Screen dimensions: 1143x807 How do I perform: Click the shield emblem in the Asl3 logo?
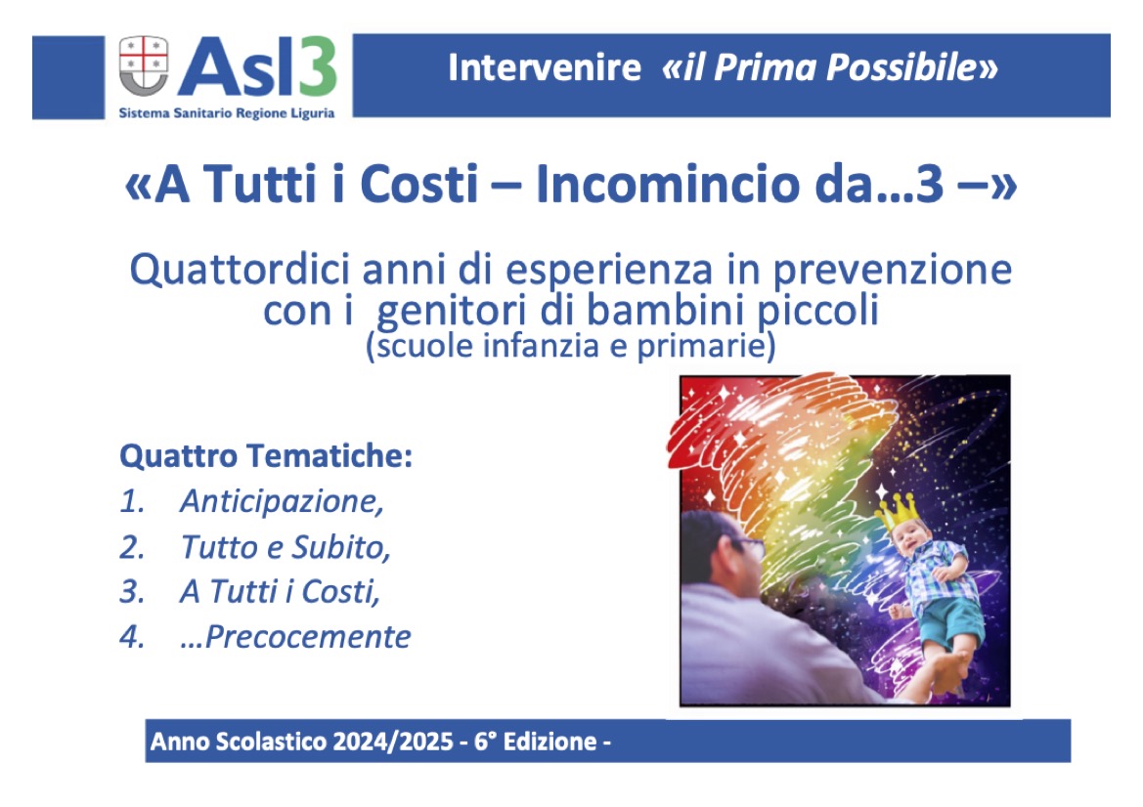click(144, 65)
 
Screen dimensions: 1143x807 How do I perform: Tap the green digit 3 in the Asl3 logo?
click(317, 66)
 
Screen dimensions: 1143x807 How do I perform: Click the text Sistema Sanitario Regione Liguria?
click(227, 113)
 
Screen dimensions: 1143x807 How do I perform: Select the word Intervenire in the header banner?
click(545, 67)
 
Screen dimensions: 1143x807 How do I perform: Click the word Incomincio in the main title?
click(669, 184)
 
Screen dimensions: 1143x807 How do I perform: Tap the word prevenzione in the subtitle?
click(893, 271)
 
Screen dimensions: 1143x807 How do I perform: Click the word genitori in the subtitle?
click(452, 312)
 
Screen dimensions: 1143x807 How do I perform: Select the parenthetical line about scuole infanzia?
click(571, 345)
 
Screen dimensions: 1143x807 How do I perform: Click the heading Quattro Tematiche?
click(266, 456)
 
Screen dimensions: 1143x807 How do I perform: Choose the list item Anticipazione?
click(282, 502)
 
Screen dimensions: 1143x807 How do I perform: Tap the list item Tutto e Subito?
click(286, 547)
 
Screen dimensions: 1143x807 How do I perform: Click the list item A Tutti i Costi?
click(280, 591)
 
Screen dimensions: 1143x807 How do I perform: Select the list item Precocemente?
click(295, 637)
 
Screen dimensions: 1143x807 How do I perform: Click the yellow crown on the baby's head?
click(896, 509)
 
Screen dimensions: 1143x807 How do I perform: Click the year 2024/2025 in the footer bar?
click(393, 742)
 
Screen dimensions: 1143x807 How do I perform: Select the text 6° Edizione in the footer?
click(536, 742)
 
